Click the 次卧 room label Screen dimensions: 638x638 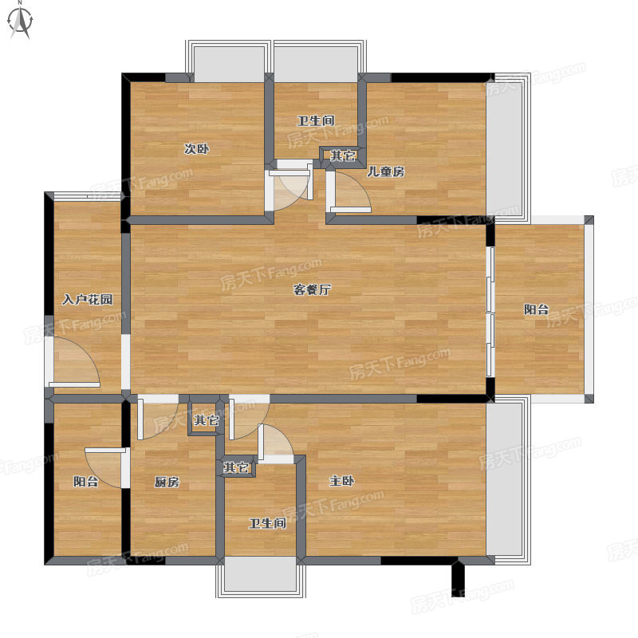(196, 149)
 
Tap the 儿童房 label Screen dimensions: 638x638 (386, 171)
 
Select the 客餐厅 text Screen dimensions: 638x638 (312, 289)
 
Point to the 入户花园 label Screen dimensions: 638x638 (88, 300)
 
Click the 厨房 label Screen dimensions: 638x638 (167, 482)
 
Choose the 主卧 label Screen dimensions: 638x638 (342, 481)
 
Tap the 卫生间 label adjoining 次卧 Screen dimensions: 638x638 (316, 120)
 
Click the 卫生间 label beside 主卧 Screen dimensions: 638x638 (267, 523)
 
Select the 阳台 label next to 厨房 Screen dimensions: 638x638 (86, 482)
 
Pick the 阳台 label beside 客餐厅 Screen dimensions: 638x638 (536, 309)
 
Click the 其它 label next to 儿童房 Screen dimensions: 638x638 (343, 156)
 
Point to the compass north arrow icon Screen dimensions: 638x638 (21, 21)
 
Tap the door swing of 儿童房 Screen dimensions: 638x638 (351, 192)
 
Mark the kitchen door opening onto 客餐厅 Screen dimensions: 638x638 (159, 418)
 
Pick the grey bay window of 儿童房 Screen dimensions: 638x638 (509, 148)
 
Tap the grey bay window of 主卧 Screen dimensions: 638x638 (509, 481)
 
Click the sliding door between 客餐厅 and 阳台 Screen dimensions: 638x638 (490, 311)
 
